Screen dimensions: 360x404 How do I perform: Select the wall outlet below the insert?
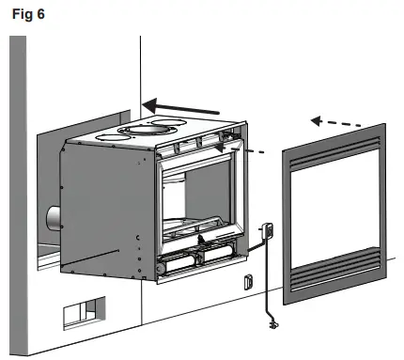click(x=248, y=281)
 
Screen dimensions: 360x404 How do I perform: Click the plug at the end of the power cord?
click(x=272, y=324)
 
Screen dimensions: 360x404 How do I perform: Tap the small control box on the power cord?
click(x=267, y=230)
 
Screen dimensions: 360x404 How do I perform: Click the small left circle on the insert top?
click(x=112, y=134)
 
